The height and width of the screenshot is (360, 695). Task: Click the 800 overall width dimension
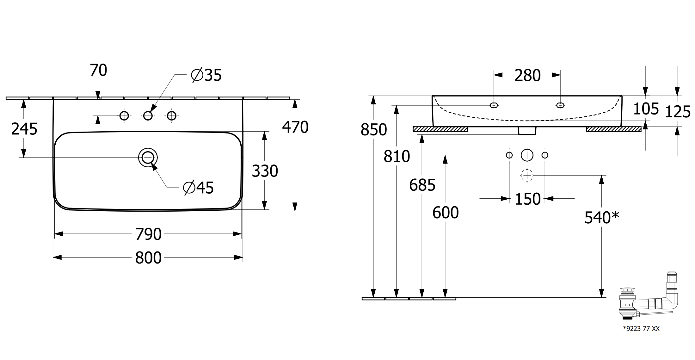148,258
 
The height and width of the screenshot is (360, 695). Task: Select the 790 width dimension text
148,234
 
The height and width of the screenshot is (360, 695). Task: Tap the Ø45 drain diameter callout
199,188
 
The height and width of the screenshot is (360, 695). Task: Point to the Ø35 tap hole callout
206,75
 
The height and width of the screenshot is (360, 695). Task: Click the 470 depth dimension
295,127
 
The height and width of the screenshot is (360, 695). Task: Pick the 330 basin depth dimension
265,171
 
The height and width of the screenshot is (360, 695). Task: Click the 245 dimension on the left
24,129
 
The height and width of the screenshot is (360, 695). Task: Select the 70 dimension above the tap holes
99,70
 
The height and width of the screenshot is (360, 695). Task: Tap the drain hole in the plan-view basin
148,157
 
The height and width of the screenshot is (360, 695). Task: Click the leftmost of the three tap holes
124,116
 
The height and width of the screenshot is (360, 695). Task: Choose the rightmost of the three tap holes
172,116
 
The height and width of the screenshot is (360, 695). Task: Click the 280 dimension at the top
527,76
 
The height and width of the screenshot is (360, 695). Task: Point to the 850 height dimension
374,130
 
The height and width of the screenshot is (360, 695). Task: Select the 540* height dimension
602,218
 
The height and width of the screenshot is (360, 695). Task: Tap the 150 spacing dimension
528,199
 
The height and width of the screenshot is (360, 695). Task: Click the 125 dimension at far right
678,112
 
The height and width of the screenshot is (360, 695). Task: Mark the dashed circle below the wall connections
527,175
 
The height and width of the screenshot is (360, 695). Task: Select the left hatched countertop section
440,129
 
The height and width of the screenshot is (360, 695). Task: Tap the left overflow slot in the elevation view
494,105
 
